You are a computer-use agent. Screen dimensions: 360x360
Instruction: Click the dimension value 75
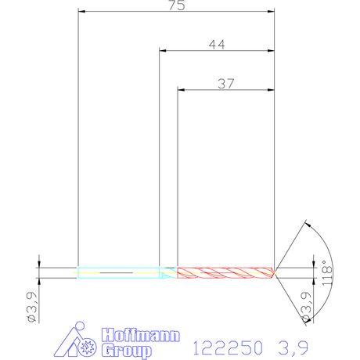pos(177,5)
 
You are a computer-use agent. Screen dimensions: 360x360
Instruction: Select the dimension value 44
pos(217,45)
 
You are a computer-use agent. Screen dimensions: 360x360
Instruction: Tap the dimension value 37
pos(226,84)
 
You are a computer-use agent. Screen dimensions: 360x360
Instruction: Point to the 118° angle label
pos(328,272)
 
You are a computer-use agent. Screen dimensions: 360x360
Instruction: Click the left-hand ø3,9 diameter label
pos(33,307)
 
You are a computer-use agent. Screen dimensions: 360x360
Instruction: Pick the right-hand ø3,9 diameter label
pos(306,307)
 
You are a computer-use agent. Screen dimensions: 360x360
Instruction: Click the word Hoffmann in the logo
pos(141,335)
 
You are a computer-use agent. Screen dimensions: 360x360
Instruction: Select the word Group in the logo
pos(127,351)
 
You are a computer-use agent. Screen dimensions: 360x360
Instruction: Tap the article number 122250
pos(228,347)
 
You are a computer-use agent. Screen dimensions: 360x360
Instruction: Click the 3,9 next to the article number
pos(293,348)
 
